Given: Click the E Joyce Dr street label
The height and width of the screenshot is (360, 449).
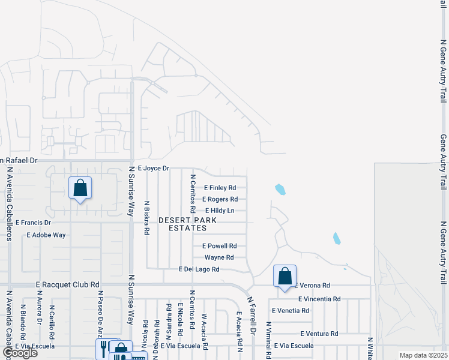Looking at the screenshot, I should click(154, 169).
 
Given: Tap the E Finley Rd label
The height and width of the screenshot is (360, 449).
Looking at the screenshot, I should click(220, 188).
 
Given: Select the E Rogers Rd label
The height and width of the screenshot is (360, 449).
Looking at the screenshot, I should click(220, 199).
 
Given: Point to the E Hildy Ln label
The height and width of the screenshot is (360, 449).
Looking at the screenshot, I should click(220, 211).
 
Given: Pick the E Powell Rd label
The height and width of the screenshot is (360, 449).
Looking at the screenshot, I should click(220, 246).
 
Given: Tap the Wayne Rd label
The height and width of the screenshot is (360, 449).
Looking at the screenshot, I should click(218, 257).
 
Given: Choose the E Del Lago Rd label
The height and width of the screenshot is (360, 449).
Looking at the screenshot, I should click(199, 269).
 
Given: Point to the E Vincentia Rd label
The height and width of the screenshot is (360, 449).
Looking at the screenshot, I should click(319, 299).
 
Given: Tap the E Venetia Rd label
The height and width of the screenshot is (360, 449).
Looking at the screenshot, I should click(291, 311).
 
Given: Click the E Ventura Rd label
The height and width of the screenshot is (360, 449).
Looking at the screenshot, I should click(319, 334).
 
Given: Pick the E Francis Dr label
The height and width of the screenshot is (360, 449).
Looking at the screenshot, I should click(34, 223).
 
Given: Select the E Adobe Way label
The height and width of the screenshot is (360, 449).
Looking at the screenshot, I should click(46, 235).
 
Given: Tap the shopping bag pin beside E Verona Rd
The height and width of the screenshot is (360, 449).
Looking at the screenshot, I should click(285, 277).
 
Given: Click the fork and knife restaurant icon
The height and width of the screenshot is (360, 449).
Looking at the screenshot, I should click(104, 347).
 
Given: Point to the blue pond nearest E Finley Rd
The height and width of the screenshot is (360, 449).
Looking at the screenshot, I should click(280, 190).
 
